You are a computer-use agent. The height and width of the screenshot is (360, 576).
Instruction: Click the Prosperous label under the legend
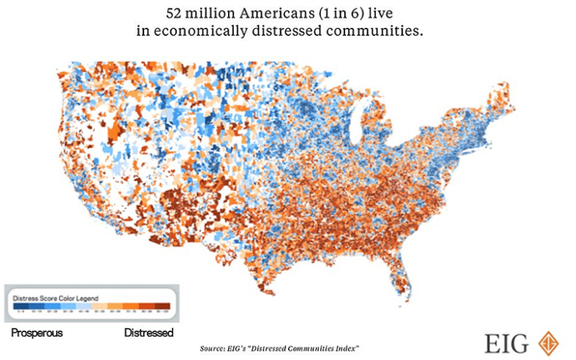[x=37, y=331]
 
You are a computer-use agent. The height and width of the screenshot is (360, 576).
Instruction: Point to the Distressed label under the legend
[x=148, y=331]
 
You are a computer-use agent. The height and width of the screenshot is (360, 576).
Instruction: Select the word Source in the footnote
[x=211, y=349]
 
